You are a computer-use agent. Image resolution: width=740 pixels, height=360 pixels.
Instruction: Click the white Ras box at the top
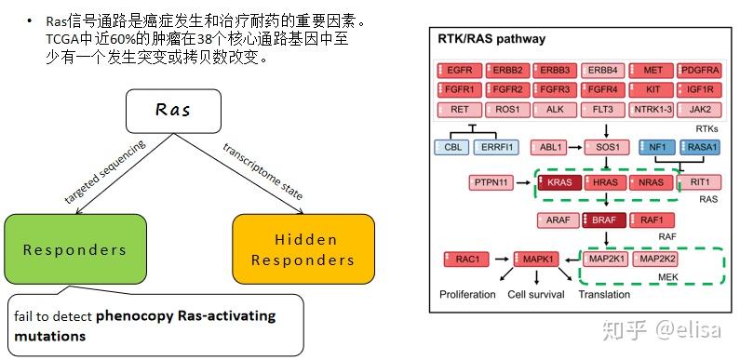(x=172, y=111)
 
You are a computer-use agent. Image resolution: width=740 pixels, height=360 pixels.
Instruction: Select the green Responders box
(x=75, y=249)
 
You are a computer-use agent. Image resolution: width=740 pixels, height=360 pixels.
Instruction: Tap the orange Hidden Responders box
(x=303, y=249)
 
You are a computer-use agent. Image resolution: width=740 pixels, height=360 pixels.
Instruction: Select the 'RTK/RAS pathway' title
(x=491, y=39)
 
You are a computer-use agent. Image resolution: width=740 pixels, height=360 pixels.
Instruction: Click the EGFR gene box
(x=459, y=71)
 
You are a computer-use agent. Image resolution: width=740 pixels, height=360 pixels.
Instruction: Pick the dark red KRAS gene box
(x=559, y=183)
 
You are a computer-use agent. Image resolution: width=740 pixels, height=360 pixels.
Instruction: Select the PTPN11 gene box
(x=493, y=183)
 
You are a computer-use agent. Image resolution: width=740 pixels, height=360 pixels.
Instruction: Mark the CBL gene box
(x=451, y=147)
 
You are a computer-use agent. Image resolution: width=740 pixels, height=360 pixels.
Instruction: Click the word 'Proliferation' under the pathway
(x=467, y=295)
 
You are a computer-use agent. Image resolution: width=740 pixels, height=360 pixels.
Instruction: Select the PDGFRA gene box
(x=701, y=71)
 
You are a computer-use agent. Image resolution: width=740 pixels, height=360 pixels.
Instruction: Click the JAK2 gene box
(x=701, y=109)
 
